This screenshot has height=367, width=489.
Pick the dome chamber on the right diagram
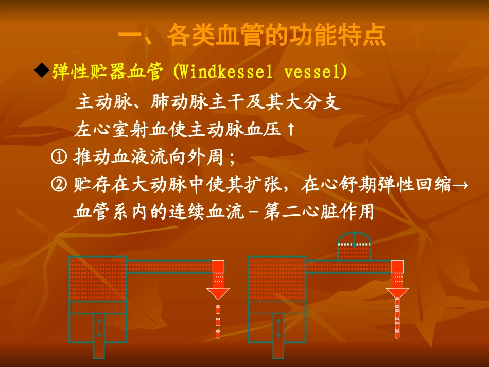pos(354,246)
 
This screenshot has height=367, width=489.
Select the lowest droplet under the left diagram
pos(218,335)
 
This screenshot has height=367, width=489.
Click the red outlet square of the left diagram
pos(218,267)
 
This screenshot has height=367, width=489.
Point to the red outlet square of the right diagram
pos(397,267)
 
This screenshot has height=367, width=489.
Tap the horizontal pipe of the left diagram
pos(169,267)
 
